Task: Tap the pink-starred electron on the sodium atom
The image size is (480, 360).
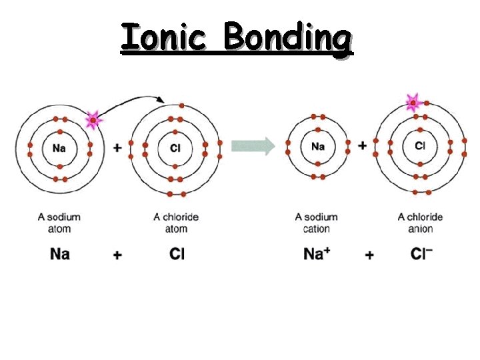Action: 93,121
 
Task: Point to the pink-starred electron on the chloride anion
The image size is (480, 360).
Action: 413,103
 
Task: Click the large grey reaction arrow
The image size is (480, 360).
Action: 253,145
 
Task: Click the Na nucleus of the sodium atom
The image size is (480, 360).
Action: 59,147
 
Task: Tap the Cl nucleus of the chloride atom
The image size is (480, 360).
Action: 175,148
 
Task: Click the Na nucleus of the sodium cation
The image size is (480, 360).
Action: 318,146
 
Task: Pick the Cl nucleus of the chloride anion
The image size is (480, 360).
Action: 420,145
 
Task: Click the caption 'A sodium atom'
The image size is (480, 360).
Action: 59,223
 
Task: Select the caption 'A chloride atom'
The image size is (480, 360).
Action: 176,223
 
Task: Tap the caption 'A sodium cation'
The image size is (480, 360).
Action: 317,223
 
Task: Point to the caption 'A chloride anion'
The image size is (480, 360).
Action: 420,223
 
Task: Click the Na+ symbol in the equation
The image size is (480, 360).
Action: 317,254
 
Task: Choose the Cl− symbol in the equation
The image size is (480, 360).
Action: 421,254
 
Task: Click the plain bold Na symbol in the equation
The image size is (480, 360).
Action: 59,254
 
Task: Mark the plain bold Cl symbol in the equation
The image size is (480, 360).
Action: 177,254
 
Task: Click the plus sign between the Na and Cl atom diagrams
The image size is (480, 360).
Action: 117,147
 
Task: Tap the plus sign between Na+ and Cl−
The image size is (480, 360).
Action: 369,255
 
